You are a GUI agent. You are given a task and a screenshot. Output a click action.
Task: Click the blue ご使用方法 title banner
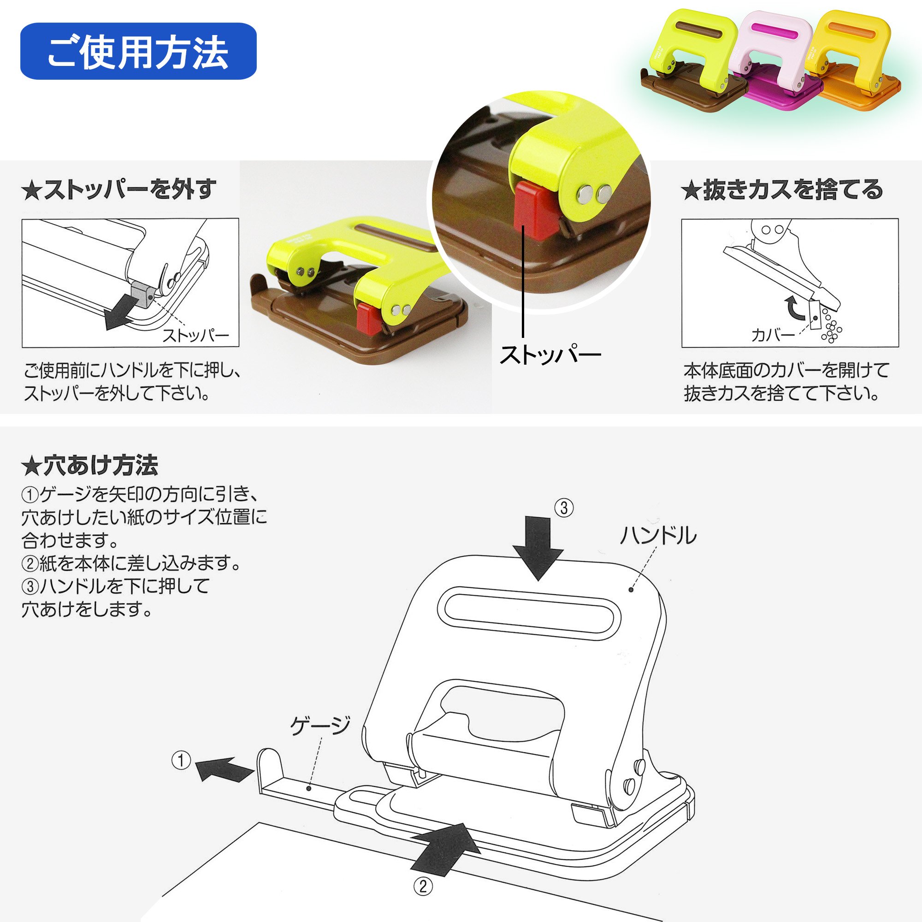click(x=138, y=51)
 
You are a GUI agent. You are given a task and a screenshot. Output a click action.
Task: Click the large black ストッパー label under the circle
click(x=550, y=355)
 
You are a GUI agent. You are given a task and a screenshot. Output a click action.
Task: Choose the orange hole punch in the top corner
click(x=854, y=57)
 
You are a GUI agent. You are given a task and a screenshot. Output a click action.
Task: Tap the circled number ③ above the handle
click(x=564, y=508)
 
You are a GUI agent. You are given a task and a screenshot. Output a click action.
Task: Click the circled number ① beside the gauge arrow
click(x=181, y=760)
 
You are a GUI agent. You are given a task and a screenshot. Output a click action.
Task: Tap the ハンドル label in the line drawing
click(x=658, y=535)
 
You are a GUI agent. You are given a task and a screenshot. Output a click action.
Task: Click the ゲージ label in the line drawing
click(x=320, y=726)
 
